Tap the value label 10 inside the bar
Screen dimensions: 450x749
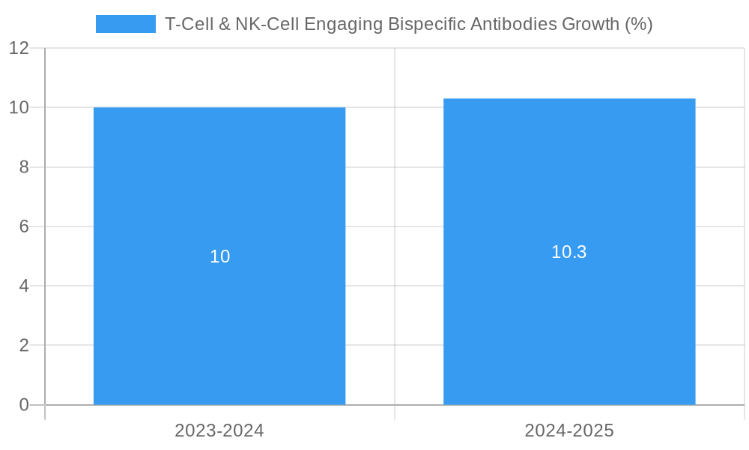tap(219, 256)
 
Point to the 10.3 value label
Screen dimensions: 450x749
tap(569, 252)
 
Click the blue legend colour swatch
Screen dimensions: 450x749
tap(125, 24)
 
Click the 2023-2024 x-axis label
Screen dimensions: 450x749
tap(219, 430)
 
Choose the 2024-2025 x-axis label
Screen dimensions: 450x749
tap(569, 430)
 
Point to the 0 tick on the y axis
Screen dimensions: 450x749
tap(24, 405)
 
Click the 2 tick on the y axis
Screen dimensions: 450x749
tap(24, 346)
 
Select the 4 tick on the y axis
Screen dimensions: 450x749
tap(24, 286)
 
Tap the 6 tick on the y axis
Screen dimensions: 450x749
tap(24, 226)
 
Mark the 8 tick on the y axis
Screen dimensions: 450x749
tap(24, 167)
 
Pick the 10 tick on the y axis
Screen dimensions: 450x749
tap(19, 107)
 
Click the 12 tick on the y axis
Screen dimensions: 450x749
tap(19, 48)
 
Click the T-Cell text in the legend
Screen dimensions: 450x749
tap(187, 24)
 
